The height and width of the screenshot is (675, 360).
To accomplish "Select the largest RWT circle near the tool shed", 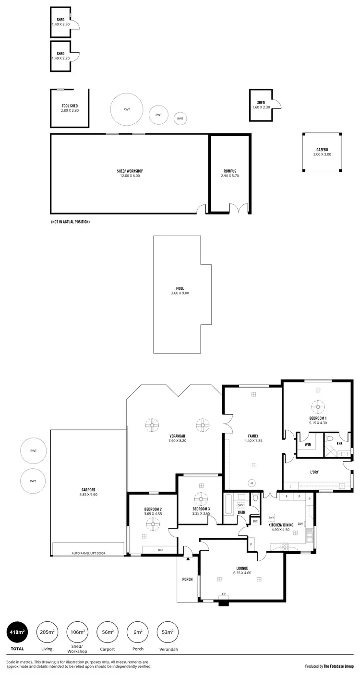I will click(127, 109).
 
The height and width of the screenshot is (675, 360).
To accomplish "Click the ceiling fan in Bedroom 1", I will click(317, 407).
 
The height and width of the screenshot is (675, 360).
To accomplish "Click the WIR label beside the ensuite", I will click(308, 445).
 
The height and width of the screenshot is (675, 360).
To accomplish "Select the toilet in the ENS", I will click(330, 438).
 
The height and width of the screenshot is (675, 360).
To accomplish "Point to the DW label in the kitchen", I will click(300, 523).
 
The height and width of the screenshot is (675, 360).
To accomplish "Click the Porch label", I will click(187, 579).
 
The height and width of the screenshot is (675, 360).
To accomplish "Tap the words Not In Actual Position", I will click(70, 222).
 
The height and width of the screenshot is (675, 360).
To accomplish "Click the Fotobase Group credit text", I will click(329, 666).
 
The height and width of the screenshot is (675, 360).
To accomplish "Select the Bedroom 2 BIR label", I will click(159, 549).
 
